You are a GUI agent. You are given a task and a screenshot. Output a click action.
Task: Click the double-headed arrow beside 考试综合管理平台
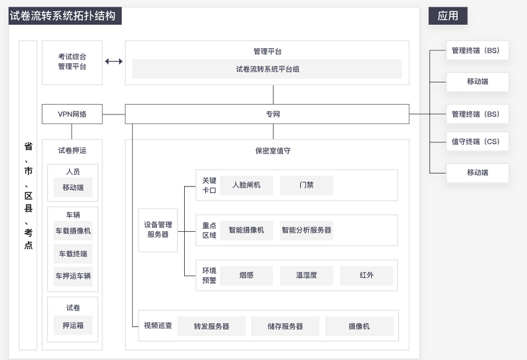[x=114, y=61]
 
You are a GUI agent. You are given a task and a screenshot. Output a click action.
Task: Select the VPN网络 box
[x=72, y=114]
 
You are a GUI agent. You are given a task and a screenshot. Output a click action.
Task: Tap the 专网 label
[x=273, y=114]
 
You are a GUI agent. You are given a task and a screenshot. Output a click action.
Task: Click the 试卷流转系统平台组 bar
[x=267, y=69]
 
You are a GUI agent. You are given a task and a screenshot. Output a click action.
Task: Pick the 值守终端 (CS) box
[x=477, y=142]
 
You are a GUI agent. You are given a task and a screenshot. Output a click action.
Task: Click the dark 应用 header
[x=448, y=15]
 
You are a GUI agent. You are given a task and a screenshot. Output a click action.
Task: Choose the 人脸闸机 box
[x=246, y=185]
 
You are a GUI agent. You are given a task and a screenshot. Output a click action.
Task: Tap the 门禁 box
[x=306, y=185]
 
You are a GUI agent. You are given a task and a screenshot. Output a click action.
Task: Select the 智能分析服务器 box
[x=306, y=230]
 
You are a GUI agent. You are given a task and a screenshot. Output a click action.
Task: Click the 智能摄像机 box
[x=246, y=230]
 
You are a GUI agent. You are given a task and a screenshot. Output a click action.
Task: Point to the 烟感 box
[x=246, y=275]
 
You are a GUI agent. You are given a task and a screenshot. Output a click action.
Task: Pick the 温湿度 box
[x=306, y=275]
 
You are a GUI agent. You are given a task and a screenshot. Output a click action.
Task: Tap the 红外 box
[x=366, y=275]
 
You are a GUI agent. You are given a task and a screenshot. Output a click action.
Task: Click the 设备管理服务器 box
[x=158, y=230]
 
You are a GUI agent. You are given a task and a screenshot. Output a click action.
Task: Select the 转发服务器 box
[x=211, y=326]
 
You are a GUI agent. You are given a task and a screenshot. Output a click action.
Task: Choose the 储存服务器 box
[x=285, y=326]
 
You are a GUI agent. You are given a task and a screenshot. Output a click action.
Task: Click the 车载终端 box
[x=73, y=254]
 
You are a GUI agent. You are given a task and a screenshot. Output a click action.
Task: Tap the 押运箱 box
[x=73, y=325]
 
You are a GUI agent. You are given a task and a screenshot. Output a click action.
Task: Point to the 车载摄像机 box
[x=73, y=230]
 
